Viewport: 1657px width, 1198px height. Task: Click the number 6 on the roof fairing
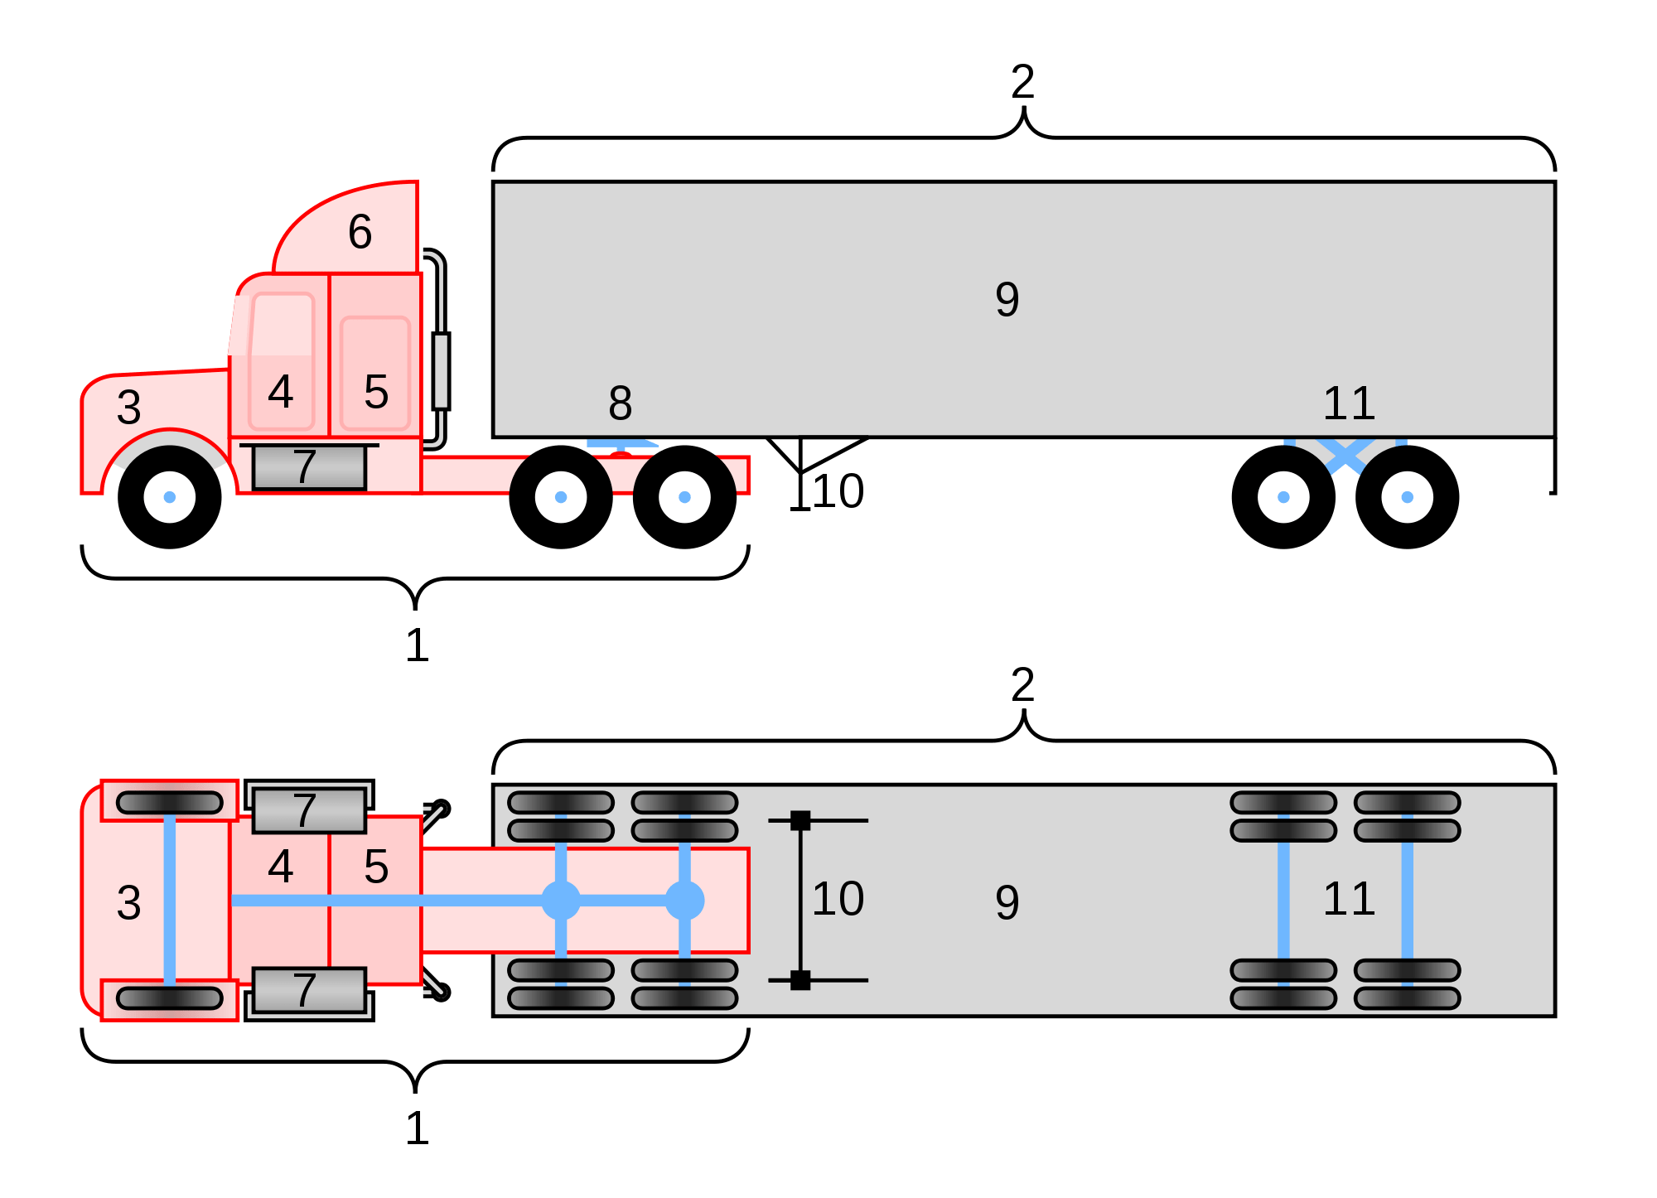point(360,231)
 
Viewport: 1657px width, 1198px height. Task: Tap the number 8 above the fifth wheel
point(620,403)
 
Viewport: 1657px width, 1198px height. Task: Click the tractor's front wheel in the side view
point(170,497)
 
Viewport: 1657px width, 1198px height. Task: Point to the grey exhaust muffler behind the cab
point(441,370)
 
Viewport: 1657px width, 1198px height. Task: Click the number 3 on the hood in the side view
point(128,407)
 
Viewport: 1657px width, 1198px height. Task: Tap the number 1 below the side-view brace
point(417,645)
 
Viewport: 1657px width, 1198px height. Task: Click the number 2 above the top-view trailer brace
point(1023,685)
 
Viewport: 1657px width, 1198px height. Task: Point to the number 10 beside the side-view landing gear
point(838,491)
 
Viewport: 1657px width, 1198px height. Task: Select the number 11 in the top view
point(1349,898)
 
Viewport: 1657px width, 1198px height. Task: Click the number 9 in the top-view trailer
point(1007,902)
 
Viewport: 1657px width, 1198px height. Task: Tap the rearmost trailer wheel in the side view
point(1407,497)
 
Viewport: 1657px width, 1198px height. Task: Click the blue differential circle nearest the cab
point(561,901)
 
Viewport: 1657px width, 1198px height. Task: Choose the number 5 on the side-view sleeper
point(376,392)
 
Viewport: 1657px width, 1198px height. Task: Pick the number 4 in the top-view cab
point(281,867)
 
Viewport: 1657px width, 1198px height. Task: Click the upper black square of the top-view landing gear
point(800,820)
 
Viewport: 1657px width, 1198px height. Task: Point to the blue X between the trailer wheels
point(1345,455)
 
